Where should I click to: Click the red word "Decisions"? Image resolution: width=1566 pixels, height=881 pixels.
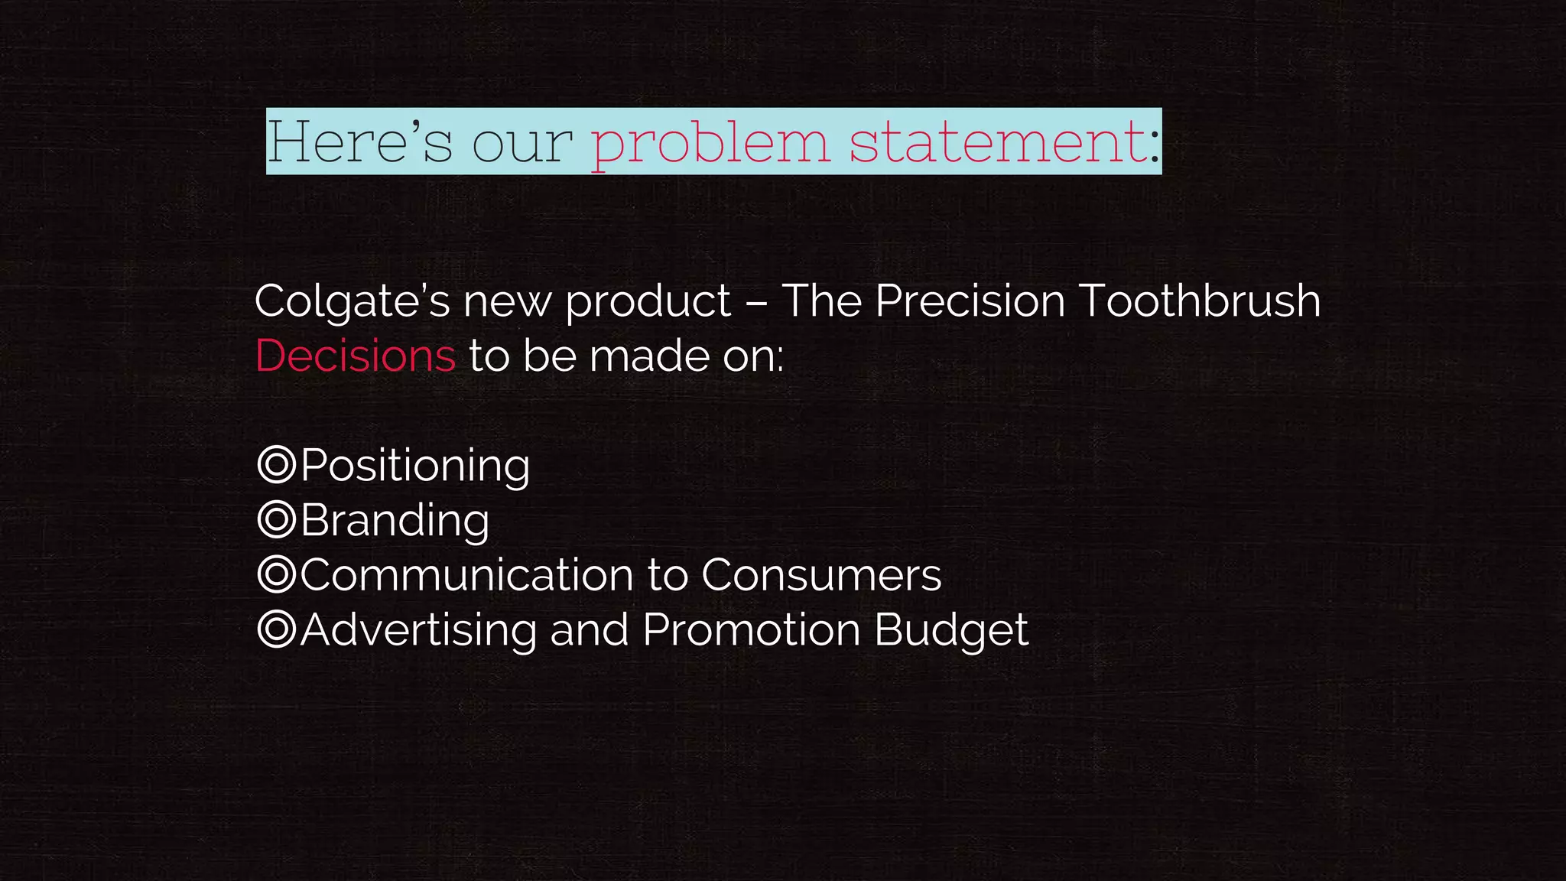point(356,356)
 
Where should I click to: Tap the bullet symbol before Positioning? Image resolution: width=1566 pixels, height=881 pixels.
point(276,464)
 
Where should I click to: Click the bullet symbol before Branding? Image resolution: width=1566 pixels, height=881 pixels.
point(276,519)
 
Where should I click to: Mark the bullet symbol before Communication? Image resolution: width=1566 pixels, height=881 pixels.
point(276,574)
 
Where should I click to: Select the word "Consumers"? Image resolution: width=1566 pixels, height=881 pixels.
point(821,574)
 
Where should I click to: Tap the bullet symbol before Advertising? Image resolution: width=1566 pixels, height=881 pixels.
point(276,629)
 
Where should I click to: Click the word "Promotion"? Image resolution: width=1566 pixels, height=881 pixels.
point(752,629)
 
